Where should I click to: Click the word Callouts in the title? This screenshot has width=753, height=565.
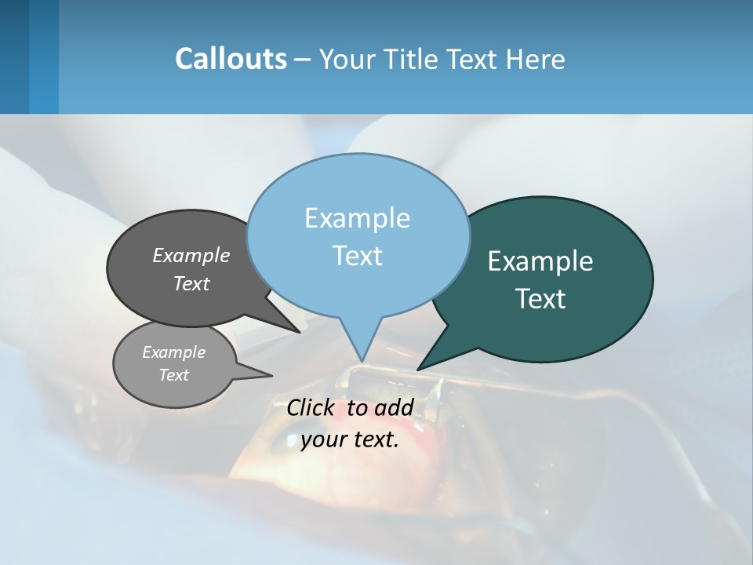231,59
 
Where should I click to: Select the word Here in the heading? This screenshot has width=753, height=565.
536,59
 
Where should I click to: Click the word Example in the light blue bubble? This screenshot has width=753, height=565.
357,218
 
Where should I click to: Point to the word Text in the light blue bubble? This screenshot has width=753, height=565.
357,256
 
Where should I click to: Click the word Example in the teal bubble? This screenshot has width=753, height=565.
540,261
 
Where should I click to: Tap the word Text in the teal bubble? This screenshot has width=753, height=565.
540,299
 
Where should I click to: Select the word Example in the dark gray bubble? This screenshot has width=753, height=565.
191,255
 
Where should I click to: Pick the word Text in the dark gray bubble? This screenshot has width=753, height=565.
191,283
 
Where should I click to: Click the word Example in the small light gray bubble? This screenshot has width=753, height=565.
173,352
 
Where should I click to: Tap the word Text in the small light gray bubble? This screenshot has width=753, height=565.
173,375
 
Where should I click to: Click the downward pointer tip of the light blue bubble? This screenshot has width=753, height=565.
362,362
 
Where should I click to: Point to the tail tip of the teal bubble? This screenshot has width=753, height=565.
417,370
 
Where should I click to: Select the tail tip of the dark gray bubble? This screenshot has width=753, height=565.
300,332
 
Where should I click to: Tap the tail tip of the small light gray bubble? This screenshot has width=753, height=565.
272,375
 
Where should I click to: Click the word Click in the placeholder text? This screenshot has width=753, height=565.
311,407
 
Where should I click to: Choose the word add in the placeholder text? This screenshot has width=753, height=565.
394,407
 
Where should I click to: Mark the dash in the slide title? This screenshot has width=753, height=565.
303,60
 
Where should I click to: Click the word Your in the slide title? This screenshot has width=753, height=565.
345,59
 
